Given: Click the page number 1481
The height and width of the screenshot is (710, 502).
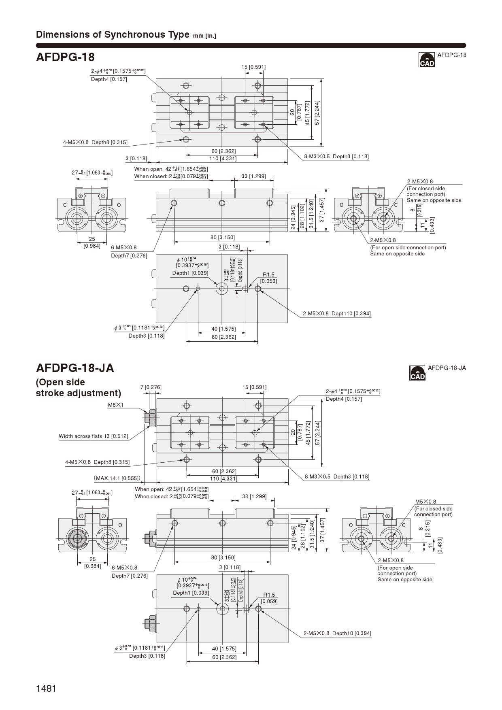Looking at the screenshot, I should click(x=46, y=689).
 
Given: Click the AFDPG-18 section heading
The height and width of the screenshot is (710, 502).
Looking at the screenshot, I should click(x=65, y=57).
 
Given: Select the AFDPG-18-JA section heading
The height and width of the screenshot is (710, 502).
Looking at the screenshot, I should click(x=75, y=368).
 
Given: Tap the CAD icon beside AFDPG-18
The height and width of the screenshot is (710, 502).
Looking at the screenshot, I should click(x=427, y=60).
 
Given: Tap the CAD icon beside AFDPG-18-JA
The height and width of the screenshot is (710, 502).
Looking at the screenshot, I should click(x=417, y=373).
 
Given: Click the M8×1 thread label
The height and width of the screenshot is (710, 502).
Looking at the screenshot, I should click(x=115, y=405).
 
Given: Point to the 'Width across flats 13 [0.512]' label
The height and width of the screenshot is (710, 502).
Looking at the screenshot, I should click(x=93, y=436).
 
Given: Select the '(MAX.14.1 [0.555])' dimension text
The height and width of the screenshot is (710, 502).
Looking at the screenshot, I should click(x=117, y=478).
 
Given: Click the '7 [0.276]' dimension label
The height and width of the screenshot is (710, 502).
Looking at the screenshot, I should click(x=151, y=387).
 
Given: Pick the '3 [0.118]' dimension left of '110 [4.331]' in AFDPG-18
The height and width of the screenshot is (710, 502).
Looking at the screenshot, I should click(x=136, y=158).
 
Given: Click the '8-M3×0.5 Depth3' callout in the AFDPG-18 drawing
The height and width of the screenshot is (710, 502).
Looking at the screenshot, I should click(x=336, y=156).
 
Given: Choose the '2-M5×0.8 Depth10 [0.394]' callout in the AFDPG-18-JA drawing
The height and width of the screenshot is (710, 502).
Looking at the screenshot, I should click(x=337, y=633).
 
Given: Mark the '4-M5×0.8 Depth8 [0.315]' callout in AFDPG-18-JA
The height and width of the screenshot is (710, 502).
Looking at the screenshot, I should click(x=97, y=462).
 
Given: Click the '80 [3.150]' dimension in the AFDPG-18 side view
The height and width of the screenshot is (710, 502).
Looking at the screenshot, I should click(x=222, y=237).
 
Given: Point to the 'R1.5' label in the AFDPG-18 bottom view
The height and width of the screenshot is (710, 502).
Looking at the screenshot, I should click(x=268, y=275).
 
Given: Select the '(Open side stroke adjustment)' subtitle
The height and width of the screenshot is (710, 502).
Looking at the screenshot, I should click(x=78, y=387).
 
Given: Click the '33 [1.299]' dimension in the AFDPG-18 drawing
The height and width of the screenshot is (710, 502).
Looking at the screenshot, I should click(x=253, y=176).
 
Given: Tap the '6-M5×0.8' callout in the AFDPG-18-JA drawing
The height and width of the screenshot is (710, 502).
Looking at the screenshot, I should click(x=124, y=568).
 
